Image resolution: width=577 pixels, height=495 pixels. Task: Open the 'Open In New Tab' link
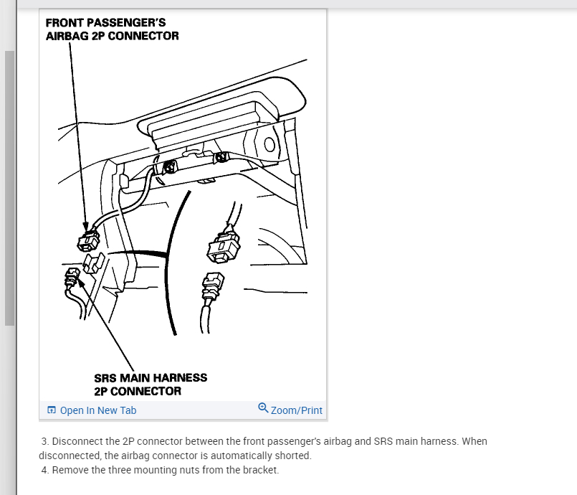[x=97, y=410]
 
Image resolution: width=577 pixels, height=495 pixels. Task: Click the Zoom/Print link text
[x=297, y=410]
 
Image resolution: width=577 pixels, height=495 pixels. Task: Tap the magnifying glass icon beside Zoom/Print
[x=263, y=408]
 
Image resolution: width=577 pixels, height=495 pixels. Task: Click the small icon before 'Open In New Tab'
[x=51, y=410]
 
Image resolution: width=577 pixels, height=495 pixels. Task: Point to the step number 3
[x=44, y=441]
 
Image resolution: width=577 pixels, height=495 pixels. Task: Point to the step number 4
[x=44, y=470]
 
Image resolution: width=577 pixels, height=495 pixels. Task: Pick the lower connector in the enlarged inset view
[x=214, y=288]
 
